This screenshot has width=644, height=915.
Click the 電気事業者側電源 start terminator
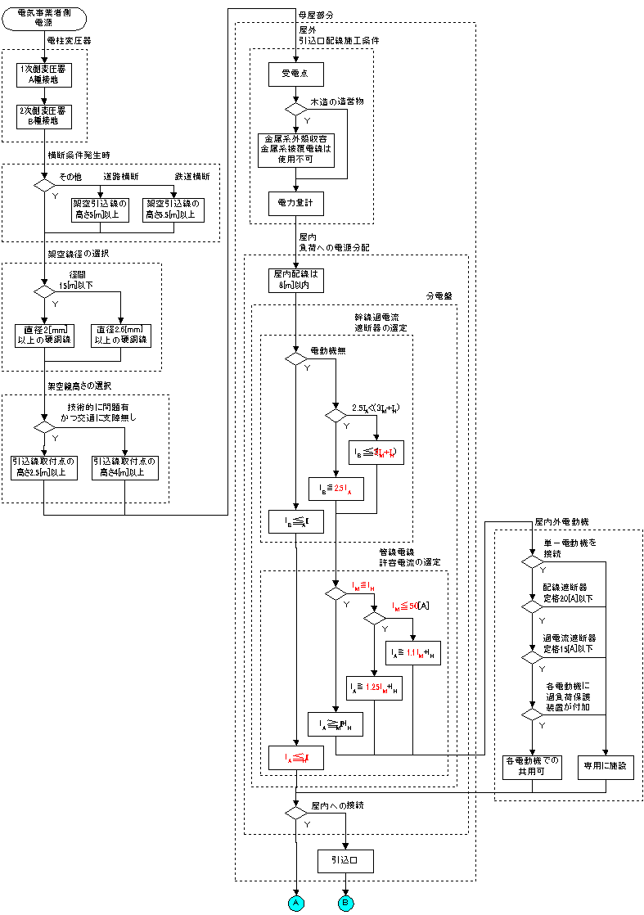pyautogui.click(x=44, y=19)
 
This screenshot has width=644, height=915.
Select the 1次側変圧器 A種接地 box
pyautogui.click(x=44, y=74)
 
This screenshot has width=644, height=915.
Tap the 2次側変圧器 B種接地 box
pyautogui.click(x=44, y=116)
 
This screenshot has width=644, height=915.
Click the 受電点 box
pyautogui.click(x=295, y=74)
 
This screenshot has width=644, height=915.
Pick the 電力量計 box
pyautogui.click(x=295, y=200)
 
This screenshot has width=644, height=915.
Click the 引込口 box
pyautogui.click(x=346, y=862)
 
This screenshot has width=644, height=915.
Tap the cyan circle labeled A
pyautogui.click(x=295, y=902)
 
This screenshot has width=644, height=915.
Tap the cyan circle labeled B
pyautogui.click(x=346, y=902)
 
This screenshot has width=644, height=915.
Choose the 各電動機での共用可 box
pyautogui.click(x=531, y=766)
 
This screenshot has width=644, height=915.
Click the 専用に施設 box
pyautogui.click(x=606, y=766)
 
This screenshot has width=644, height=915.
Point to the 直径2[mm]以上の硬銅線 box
pyautogui.click(x=44, y=336)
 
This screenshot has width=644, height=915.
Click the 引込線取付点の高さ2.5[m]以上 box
pyautogui.click(x=44, y=467)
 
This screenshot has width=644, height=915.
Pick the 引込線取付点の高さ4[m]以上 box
pyautogui.click(x=124, y=467)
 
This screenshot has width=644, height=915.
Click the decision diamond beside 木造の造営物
pyautogui.click(x=295, y=108)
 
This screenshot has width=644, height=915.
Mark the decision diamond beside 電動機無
pyautogui.click(x=295, y=358)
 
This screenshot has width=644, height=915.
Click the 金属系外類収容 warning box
pyautogui.click(x=295, y=149)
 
